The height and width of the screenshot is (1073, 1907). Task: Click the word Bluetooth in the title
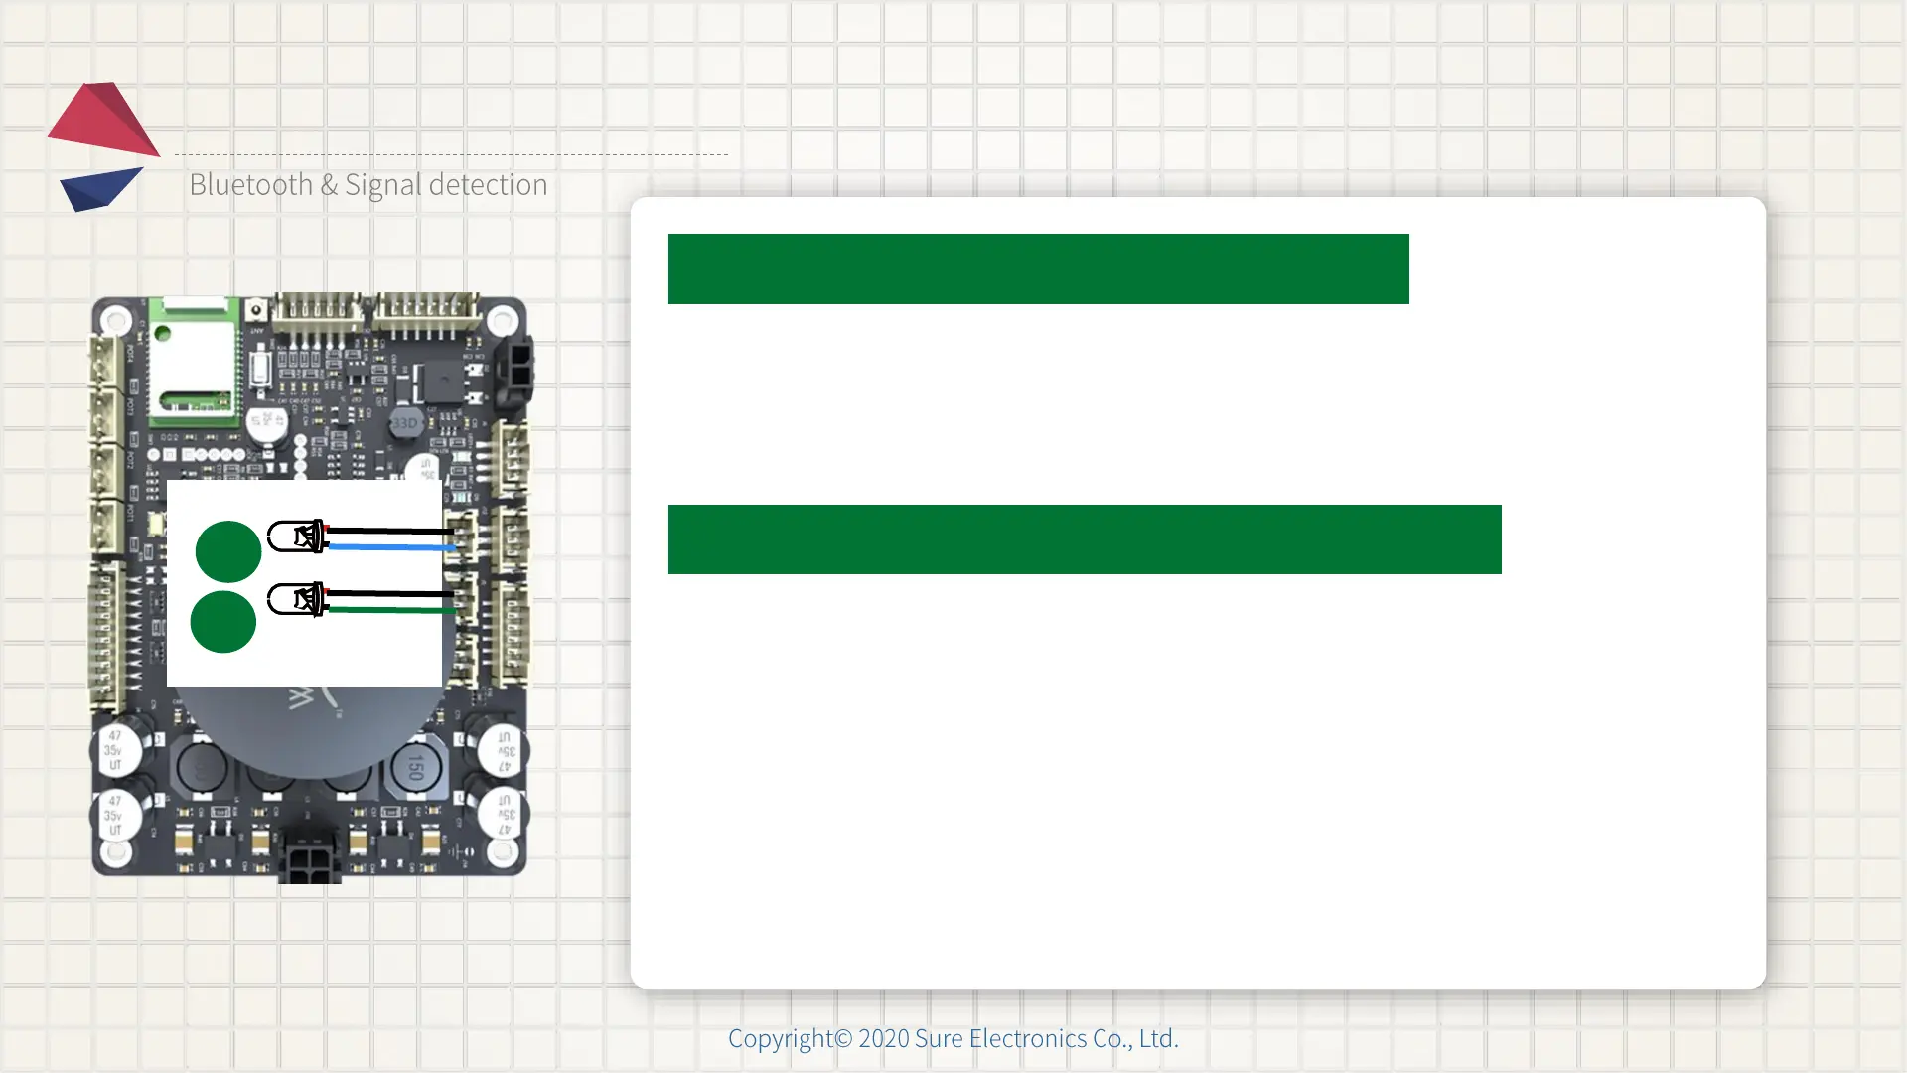250,185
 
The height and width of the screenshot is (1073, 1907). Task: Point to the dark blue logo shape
99,188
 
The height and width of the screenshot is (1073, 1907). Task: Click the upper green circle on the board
228,551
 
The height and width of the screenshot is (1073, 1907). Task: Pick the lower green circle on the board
222,622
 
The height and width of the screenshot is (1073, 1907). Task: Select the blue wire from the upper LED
392,547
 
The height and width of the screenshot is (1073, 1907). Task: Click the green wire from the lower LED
392,609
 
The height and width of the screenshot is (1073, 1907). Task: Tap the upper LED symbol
297,536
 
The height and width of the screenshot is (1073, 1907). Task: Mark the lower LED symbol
297,599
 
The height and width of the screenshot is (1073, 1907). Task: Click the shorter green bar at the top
1038,269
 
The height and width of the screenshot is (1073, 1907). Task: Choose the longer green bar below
1085,539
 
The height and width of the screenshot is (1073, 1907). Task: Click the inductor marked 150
415,768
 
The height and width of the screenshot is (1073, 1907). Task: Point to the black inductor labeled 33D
404,423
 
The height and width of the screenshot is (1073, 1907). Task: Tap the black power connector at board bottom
310,860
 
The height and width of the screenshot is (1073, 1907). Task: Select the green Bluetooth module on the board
194,363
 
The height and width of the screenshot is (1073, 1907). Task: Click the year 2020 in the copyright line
884,1038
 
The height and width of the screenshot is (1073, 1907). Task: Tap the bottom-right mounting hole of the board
503,851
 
